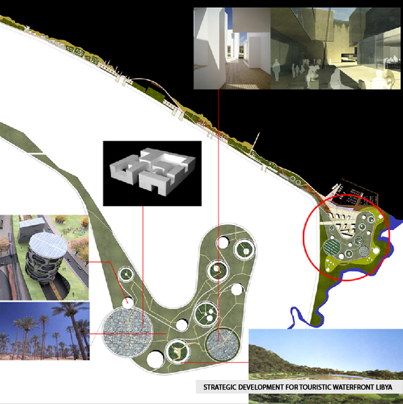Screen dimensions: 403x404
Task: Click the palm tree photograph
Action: (44, 331)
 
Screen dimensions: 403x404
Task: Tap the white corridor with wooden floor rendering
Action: (232, 48)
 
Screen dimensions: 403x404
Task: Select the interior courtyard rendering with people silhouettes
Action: (336, 48)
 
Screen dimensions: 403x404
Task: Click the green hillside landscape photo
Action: (326, 366)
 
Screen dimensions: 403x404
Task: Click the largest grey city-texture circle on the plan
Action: (128, 331)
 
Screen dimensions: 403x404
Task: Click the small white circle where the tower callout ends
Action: (128, 303)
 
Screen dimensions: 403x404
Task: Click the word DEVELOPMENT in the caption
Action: (261, 387)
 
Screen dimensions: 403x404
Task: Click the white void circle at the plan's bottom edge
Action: (155, 360)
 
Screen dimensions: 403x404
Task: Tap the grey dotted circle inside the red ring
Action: (364, 251)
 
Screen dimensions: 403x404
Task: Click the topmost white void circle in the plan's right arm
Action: (223, 242)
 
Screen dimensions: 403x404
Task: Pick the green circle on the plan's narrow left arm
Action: (126, 275)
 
